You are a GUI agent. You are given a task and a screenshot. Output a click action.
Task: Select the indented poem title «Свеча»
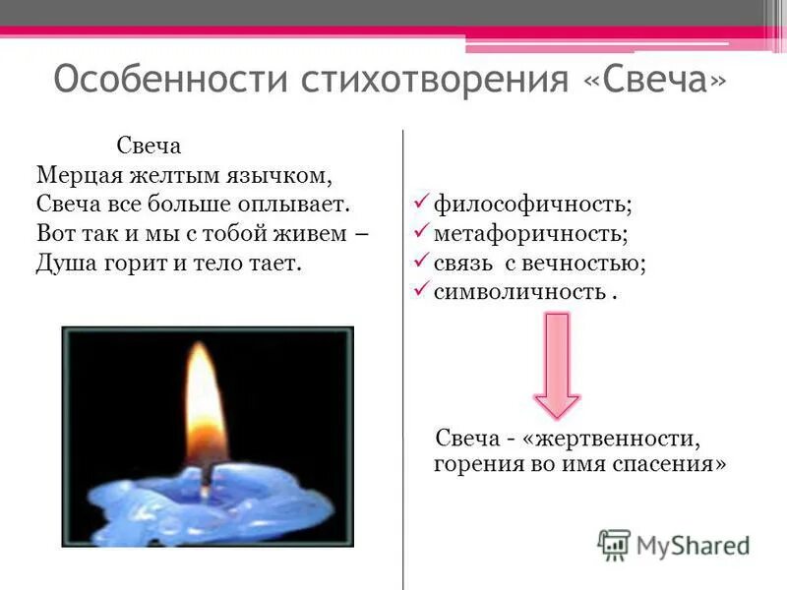pyautogui.click(x=150, y=147)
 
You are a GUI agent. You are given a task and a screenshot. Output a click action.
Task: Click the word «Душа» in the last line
pyautogui.click(x=64, y=265)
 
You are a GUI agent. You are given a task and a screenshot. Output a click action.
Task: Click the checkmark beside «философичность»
pyautogui.click(x=419, y=204)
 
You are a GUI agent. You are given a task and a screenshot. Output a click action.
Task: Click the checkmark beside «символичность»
pyautogui.click(x=419, y=291)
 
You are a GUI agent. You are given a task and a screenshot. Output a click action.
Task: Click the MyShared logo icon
pyautogui.click(x=614, y=544)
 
